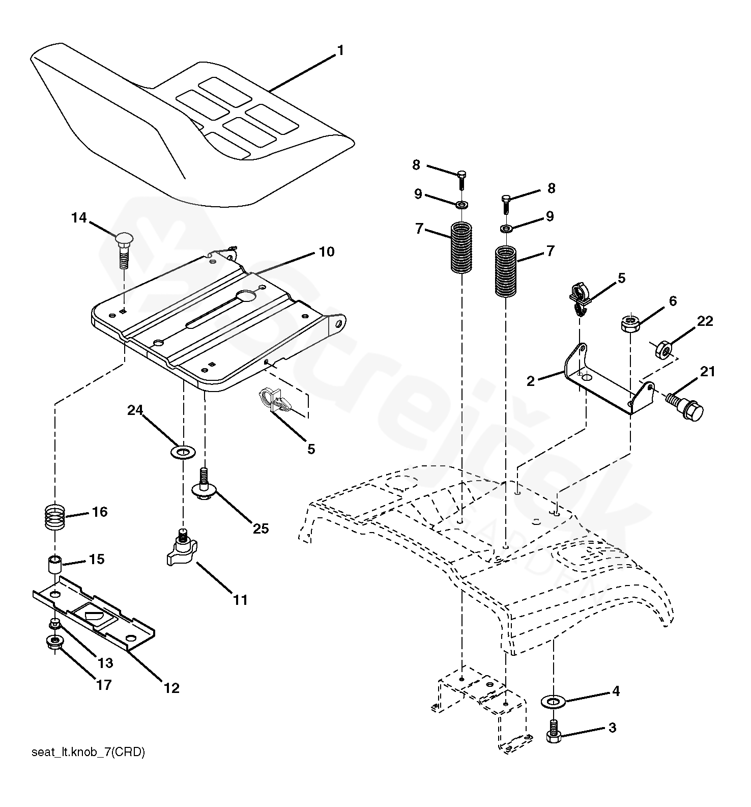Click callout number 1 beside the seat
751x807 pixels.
(x=340, y=51)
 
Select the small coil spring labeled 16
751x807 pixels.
(x=55, y=516)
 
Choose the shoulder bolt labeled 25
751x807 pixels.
(x=205, y=486)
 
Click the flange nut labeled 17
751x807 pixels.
(x=54, y=642)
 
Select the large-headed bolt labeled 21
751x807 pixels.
(x=687, y=405)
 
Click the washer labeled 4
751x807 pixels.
(x=553, y=702)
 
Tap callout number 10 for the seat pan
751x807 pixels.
(x=327, y=252)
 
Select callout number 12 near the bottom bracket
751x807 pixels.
(x=172, y=688)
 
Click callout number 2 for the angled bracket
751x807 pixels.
(x=531, y=381)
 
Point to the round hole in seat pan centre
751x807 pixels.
(x=247, y=295)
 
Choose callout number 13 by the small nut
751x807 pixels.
(x=105, y=663)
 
